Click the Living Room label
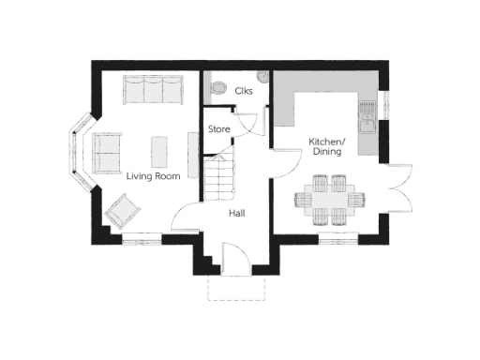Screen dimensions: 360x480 pyautogui.click(x=153, y=175)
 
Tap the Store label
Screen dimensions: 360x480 pyautogui.click(x=219, y=128)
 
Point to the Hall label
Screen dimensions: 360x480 pyautogui.click(x=237, y=214)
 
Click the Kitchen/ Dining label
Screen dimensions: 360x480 pyautogui.click(x=325, y=147)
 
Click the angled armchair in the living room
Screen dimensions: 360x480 pyautogui.click(x=124, y=210)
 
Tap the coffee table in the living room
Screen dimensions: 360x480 pyautogui.click(x=159, y=147)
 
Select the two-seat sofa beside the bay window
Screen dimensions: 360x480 pyautogui.click(x=106, y=148)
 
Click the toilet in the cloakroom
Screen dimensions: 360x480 pyautogui.click(x=219, y=89)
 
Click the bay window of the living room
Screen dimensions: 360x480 pyautogui.click(x=74, y=150)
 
